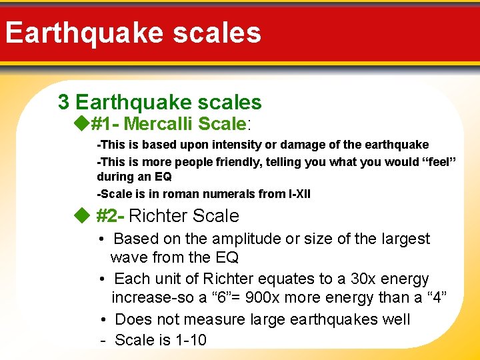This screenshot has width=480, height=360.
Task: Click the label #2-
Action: (x=110, y=216)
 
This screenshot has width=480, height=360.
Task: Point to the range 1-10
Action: (x=191, y=340)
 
